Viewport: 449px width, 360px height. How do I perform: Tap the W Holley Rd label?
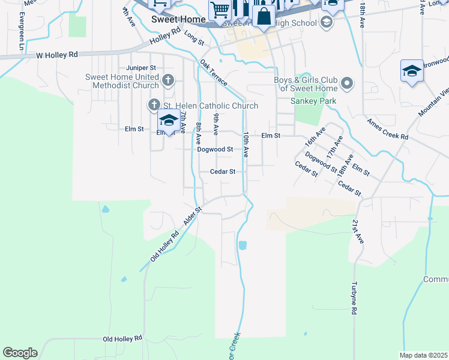click(x=57, y=55)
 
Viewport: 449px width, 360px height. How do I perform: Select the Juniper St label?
click(x=141, y=68)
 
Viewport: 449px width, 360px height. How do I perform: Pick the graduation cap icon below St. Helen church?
click(x=169, y=122)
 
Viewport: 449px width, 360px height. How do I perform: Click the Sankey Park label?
click(x=313, y=101)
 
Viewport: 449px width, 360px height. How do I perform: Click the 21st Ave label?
click(x=358, y=231)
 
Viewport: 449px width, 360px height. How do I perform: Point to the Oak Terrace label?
click(x=214, y=72)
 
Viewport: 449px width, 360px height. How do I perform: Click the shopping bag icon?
click(x=264, y=16)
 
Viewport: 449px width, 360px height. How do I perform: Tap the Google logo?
click(x=20, y=353)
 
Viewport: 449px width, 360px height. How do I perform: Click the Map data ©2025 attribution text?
click(x=423, y=355)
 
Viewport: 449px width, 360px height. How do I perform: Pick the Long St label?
click(x=194, y=38)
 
